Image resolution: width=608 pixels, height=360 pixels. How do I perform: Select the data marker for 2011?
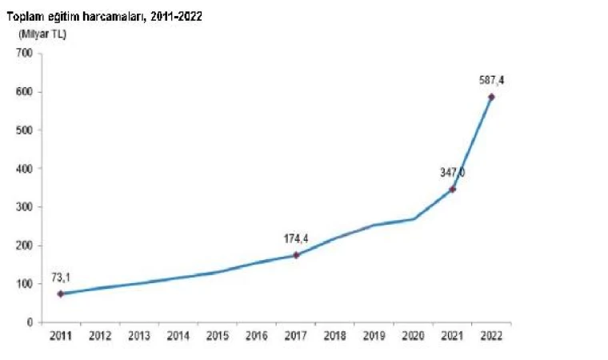tap(60, 294)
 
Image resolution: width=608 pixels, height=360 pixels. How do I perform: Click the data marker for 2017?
tap(296, 255)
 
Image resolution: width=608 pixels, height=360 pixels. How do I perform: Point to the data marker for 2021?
tap(453, 189)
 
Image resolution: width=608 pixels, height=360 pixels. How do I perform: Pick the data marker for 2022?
tap(491, 97)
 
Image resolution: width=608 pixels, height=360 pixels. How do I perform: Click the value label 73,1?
tap(60, 277)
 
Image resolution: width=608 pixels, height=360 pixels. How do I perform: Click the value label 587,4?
tap(491, 80)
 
